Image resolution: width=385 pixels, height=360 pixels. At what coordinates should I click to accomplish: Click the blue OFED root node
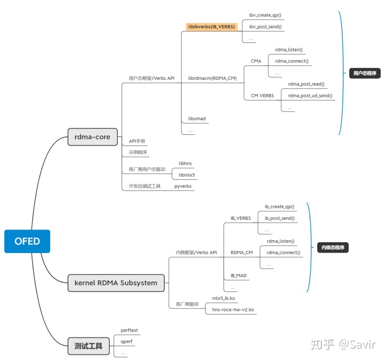click(x=27, y=241)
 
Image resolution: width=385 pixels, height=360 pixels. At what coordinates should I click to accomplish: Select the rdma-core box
click(x=89, y=137)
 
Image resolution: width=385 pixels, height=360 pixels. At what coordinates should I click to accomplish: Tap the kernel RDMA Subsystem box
click(x=115, y=283)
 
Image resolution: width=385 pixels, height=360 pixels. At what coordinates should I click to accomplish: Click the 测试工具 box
click(x=89, y=346)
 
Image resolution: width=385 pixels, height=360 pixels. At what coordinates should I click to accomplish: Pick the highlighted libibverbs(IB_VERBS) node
click(x=211, y=26)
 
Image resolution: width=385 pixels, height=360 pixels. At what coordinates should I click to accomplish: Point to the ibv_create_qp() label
click(x=265, y=15)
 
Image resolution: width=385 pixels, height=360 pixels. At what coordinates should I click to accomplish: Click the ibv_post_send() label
click(x=265, y=26)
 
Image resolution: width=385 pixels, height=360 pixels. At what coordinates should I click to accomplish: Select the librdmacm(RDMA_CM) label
click(x=212, y=78)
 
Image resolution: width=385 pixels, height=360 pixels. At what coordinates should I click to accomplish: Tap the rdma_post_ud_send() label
click(x=310, y=96)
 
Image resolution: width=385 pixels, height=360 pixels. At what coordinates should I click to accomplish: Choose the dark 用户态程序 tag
click(x=361, y=73)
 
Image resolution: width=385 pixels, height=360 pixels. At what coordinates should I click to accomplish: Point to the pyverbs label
click(x=183, y=186)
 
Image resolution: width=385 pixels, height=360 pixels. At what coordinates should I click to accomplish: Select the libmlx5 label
click(x=187, y=174)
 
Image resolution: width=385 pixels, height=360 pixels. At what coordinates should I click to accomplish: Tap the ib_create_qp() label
click(x=279, y=206)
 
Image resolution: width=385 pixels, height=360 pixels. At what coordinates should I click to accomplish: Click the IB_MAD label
click(x=238, y=275)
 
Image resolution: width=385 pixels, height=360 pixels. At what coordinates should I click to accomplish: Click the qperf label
click(x=126, y=341)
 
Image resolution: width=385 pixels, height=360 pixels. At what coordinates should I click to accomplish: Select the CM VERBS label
click(x=263, y=96)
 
